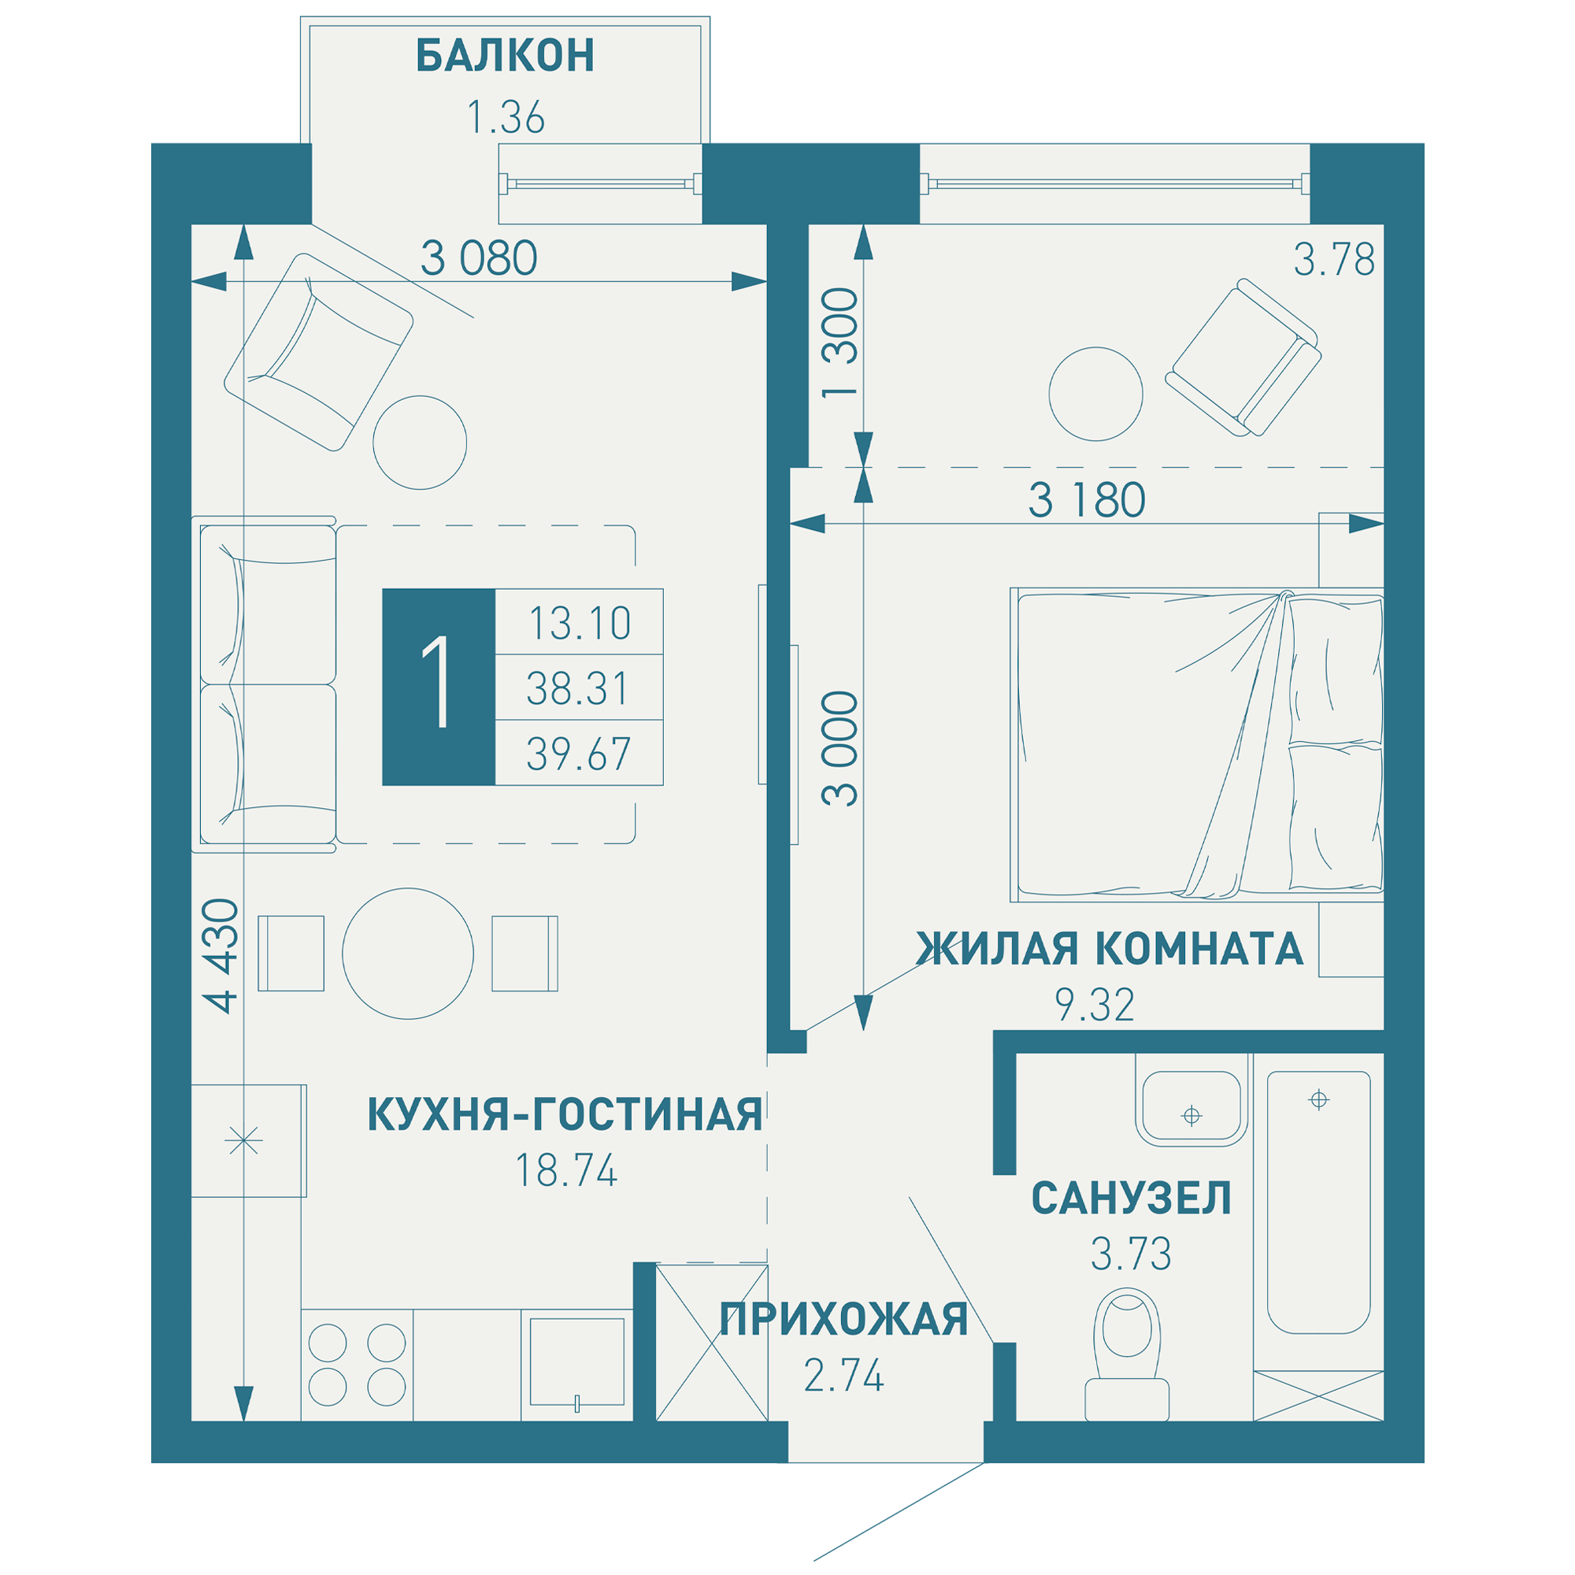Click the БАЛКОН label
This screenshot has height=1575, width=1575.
tap(505, 56)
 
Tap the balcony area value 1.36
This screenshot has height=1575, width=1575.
tap(505, 117)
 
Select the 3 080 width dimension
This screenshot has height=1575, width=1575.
tap(479, 258)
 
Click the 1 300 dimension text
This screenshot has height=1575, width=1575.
tap(840, 343)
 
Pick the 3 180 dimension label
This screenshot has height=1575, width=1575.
tap(1086, 501)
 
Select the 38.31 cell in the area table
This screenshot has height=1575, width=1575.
tap(578, 688)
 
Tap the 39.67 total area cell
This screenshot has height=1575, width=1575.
tap(578, 754)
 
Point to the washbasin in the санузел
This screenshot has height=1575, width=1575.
tap(1191, 1108)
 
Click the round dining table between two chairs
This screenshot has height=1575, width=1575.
tap(408, 953)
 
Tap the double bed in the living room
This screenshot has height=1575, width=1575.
tap(1195, 744)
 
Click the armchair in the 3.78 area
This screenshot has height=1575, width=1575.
tap(1243, 358)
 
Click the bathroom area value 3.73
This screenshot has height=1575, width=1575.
tap(1131, 1254)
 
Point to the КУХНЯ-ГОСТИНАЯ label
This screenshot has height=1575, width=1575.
tap(565, 1114)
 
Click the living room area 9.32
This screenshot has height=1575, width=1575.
tap(1094, 1005)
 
